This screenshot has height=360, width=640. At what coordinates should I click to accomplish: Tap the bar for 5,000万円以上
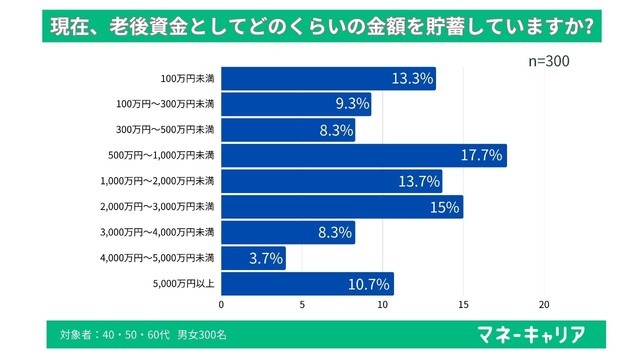307,284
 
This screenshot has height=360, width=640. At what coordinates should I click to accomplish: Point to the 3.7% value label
264,259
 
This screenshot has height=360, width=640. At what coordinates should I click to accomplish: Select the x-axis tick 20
544,305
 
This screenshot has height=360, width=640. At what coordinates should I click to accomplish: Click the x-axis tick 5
302,305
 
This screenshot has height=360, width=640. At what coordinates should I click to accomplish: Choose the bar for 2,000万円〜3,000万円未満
342,207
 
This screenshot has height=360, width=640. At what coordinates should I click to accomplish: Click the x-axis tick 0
221,305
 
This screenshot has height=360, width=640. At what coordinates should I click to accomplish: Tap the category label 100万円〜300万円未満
164,104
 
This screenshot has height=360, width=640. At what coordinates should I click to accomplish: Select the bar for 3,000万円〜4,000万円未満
288,233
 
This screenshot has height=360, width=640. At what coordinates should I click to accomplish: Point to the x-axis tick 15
463,305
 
